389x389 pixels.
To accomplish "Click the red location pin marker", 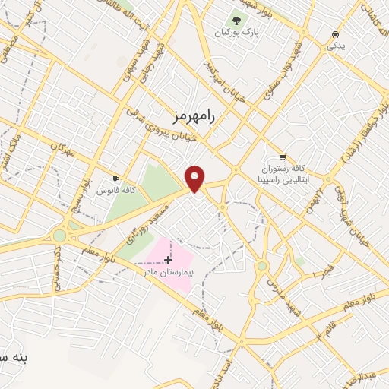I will tap(196, 178).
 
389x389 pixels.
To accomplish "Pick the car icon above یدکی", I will tap(335, 34).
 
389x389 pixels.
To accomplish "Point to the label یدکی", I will tap(335, 46).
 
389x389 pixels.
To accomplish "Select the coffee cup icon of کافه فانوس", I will tap(115, 179).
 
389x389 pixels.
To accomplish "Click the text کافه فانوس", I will tap(132, 190).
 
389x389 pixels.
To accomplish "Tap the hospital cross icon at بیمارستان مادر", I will tap(168, 260).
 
